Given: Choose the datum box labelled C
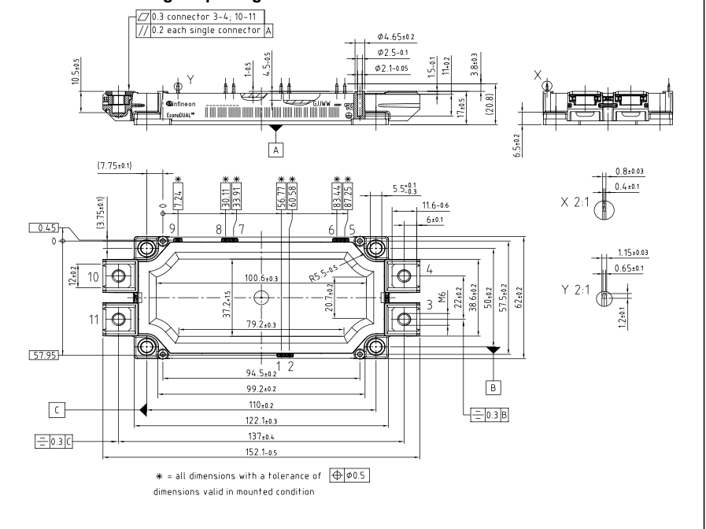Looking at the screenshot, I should point(57,409).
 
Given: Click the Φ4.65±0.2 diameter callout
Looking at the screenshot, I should point(395,37).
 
